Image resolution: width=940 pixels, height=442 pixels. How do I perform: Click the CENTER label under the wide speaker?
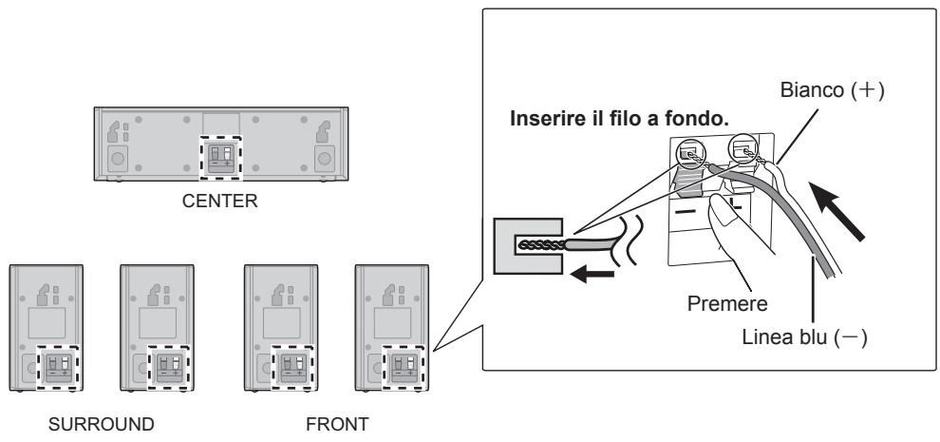tap(219, 201)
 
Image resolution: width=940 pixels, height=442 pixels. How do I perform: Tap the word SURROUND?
tap(102, 425)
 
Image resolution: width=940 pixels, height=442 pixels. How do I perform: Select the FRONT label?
tap(337, 425)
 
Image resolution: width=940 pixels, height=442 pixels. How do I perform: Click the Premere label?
tap(727, 303)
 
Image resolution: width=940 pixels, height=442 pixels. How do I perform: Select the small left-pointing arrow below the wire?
tap(592, 275)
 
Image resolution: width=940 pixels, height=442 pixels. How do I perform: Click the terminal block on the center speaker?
tap(220, 158)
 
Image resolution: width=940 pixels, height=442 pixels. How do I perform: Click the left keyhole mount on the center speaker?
tap(113, 132)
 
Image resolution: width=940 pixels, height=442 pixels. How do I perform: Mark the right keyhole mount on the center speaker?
tap(323, 132)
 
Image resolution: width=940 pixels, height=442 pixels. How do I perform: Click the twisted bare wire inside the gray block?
tap(540, 245)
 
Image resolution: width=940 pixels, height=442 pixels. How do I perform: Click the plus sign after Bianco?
tap(864, 91)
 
